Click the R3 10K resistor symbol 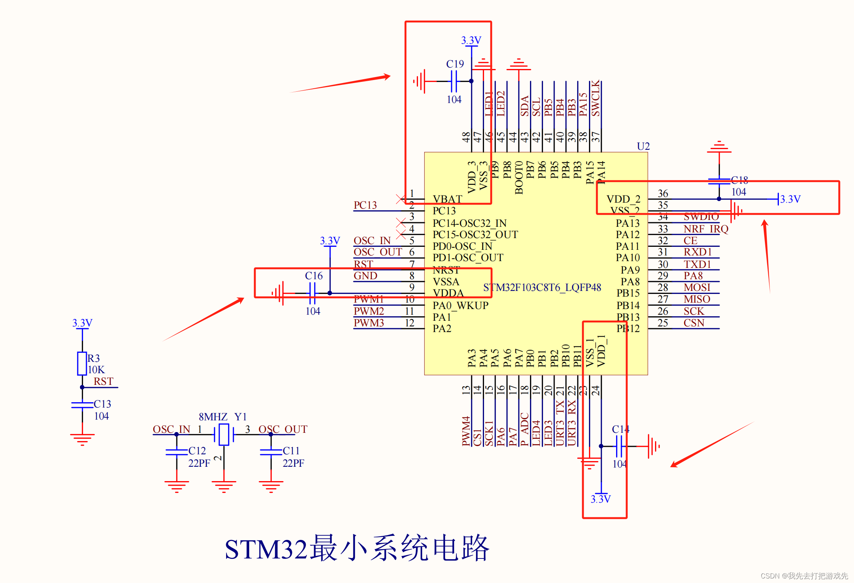82,363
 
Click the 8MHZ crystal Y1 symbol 224,434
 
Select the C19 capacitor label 455,64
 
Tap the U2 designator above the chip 643,146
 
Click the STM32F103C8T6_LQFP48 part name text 542,288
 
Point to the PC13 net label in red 365,205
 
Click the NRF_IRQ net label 706,229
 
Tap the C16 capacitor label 314,276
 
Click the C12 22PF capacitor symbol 177,452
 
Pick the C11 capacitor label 291,451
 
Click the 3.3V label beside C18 790,199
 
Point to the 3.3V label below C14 601,499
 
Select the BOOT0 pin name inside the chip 519,177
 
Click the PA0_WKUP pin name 460,305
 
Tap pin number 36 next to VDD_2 663,194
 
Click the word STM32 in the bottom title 266,549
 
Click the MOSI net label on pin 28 697,288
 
